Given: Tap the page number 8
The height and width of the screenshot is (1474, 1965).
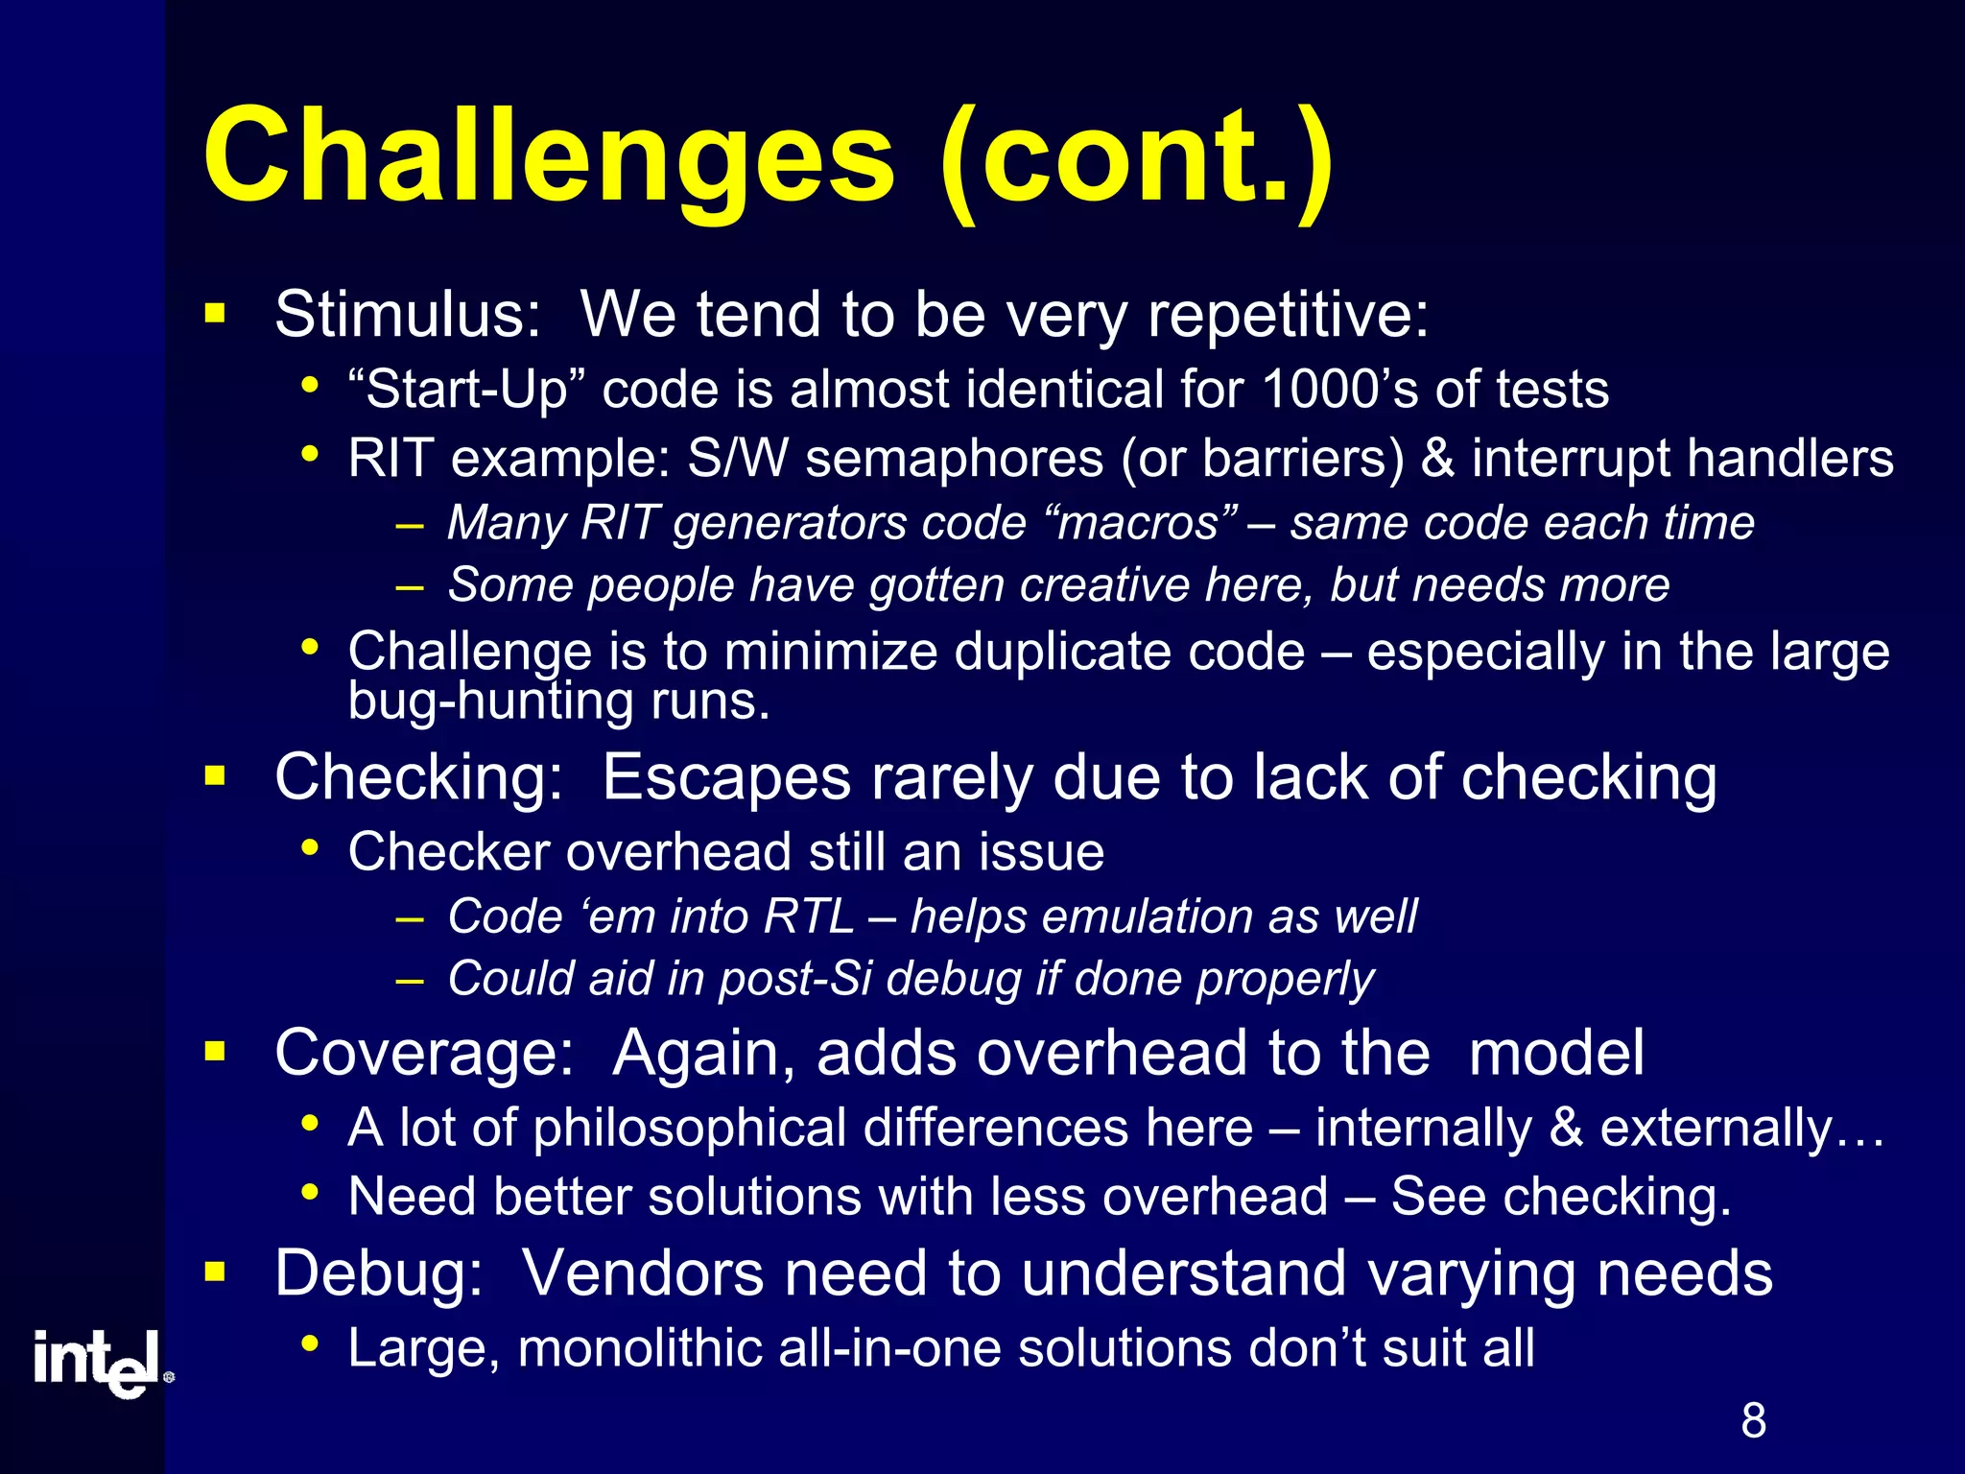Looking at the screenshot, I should point(1753,1420).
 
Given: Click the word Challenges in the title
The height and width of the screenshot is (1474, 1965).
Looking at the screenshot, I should point(548,158).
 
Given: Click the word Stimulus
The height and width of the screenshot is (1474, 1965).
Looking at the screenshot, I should point(408,315).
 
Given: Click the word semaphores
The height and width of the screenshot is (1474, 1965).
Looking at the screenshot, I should point(954,458).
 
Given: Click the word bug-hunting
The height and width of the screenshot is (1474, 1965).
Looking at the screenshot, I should point(490,701).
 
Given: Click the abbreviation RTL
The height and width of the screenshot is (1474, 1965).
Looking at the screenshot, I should point(808,916).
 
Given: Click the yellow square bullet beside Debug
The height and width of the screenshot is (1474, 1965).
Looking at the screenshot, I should point(215,1272).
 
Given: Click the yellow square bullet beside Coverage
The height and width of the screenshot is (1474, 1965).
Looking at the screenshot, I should point(215,1051).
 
